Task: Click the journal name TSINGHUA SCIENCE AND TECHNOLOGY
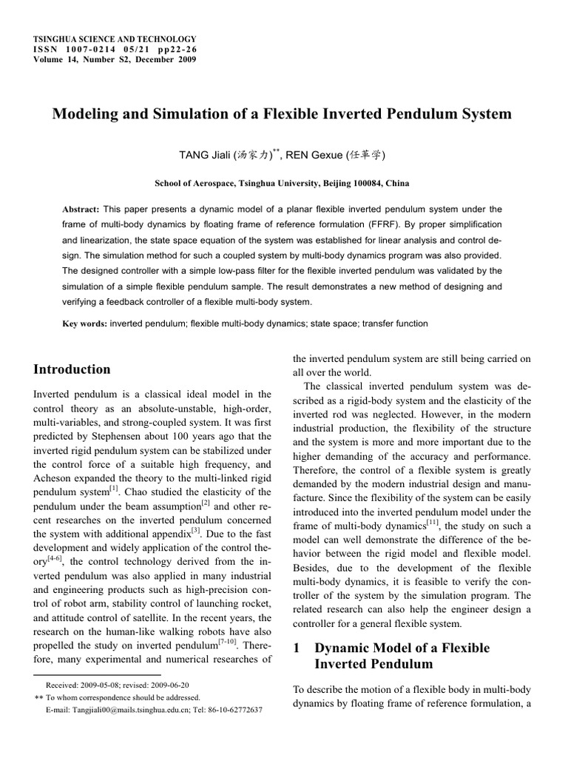coord(115,38)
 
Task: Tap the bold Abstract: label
coord(81,209)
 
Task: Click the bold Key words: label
coord(84,323)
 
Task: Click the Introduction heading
coord(72,369)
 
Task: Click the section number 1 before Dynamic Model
coord(297,648)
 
